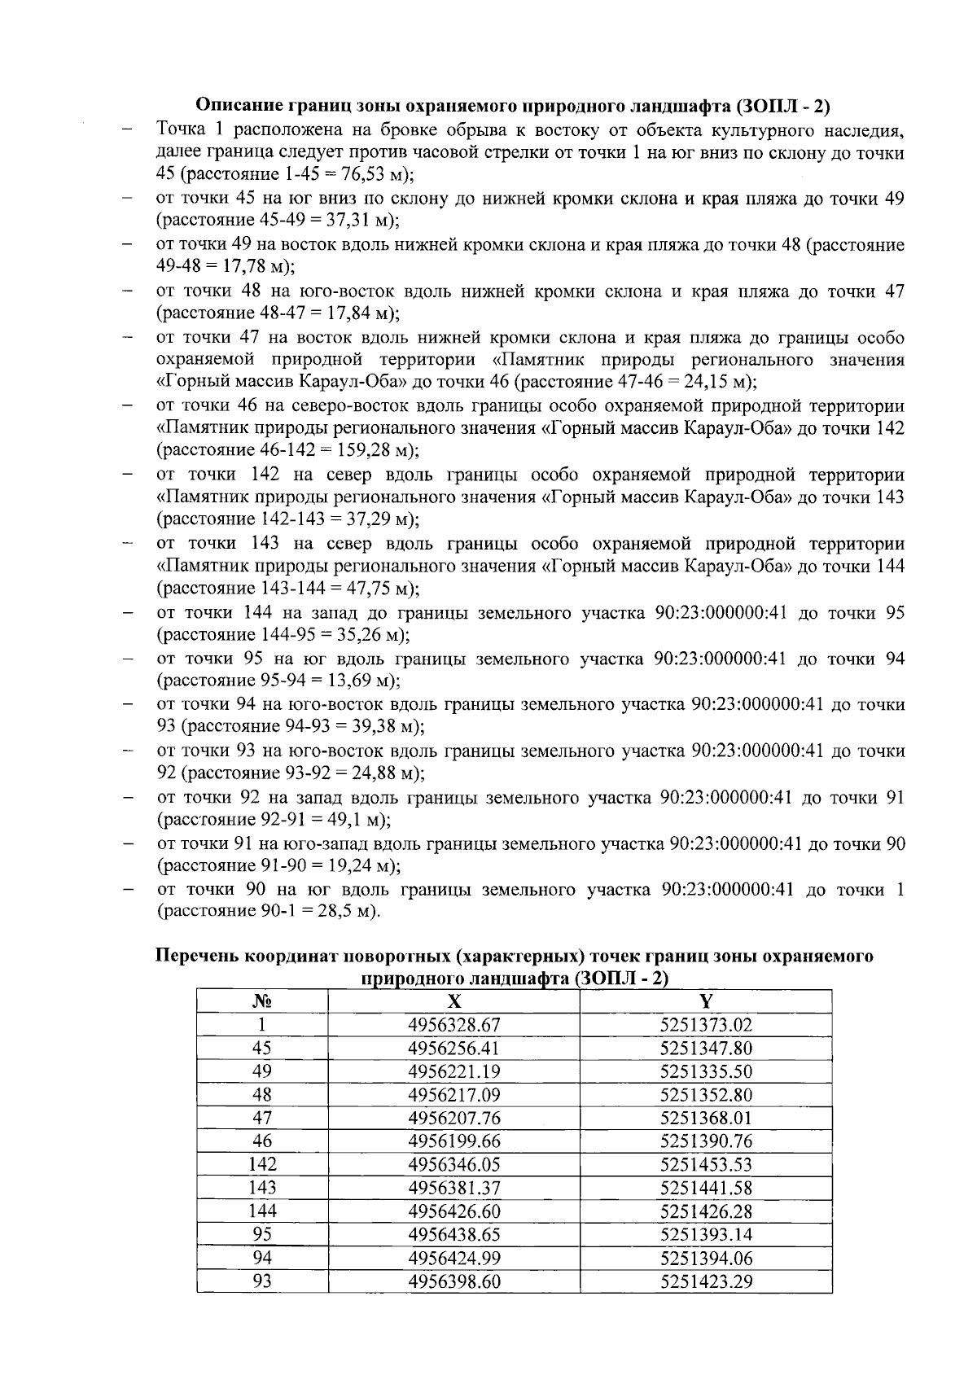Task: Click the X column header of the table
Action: click(453, 1001)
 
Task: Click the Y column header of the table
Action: click(706, 1001)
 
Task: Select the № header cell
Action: click(261, 1001)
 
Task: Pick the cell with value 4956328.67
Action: click(453, 1025)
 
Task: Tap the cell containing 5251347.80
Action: click(706, 1048)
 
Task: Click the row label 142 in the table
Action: click(261, 1165)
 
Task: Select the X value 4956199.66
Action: click(453, 1141)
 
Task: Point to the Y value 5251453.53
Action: click(706, 1165)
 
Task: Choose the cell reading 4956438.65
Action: click(453, 1235)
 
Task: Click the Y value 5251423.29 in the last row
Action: click(706, 1282)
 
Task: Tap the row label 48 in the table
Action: click(261, 1095)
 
